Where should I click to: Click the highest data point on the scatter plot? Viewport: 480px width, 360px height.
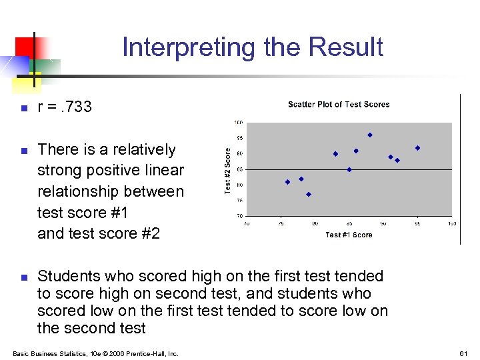pos(370,135)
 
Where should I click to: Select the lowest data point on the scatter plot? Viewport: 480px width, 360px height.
pos(309,194)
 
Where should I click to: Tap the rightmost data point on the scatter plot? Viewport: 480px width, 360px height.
pos(417,148)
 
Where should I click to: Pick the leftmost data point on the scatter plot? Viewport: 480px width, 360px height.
pos(287,182)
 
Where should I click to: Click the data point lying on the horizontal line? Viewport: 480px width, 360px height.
pos(349,169)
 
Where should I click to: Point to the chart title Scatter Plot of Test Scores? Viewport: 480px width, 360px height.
pos(339,105)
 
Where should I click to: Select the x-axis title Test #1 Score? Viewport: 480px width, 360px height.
pos(349,235)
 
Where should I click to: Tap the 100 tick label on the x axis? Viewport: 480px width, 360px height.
pos(451,223)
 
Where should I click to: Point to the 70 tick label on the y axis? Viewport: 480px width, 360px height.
pos(239,216)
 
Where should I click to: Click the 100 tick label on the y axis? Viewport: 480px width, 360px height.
pos(239,123)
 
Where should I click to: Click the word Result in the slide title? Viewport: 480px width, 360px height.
pos(347,47)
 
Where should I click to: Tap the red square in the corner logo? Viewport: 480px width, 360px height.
pos(25,47)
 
